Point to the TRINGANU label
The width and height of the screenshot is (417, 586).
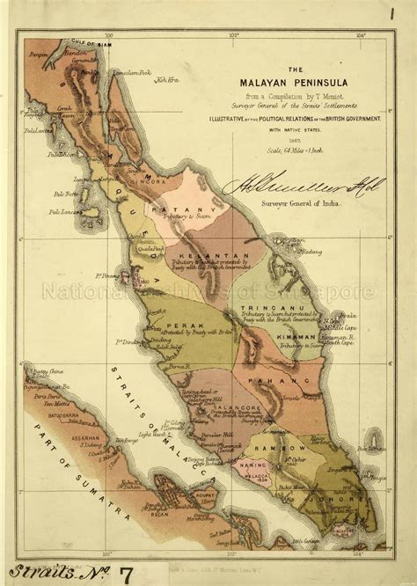(260, 308)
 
